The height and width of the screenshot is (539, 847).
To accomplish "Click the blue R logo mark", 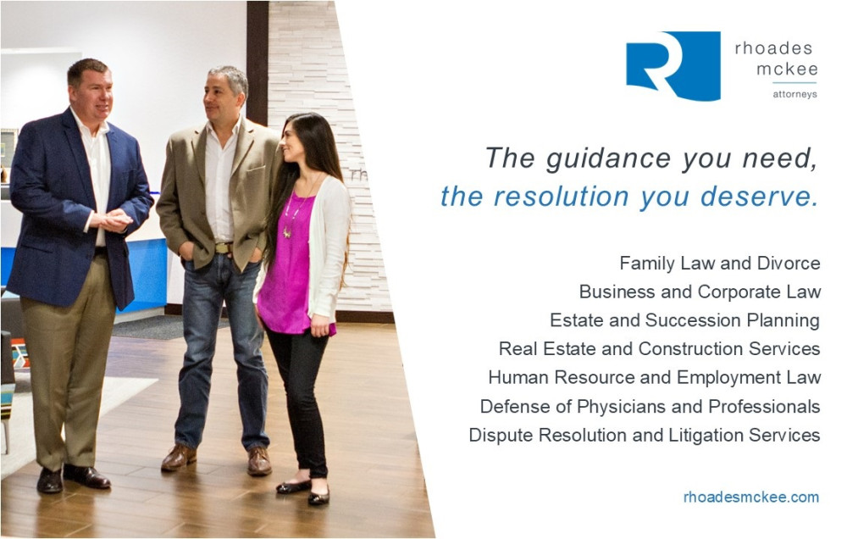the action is coord(673,65).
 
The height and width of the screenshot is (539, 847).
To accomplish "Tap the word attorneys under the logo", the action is coord(794,94).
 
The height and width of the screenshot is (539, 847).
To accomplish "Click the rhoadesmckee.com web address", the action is coord(750,497).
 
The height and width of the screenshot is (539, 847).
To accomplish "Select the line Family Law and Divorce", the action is coord(720,264).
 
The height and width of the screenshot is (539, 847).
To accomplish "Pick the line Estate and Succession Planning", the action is coord(685,320).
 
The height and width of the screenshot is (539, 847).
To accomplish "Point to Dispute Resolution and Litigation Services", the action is coord(645,435).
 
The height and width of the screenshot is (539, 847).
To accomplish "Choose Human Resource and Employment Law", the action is coord(655,377).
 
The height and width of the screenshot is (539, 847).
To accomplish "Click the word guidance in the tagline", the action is coord(608,159).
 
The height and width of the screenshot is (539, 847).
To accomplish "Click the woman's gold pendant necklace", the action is coord(287,231).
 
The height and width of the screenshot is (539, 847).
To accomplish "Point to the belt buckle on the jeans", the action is coord(222,248).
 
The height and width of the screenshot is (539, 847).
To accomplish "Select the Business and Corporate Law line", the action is coord(700,292).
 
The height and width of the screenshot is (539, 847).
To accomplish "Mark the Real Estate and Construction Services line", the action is coord(660,348).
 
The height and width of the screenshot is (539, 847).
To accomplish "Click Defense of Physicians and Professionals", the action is coord(650,406).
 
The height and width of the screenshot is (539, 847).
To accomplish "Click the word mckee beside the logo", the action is coord(787,69).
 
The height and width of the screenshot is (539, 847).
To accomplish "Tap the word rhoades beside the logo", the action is coord(773,48).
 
